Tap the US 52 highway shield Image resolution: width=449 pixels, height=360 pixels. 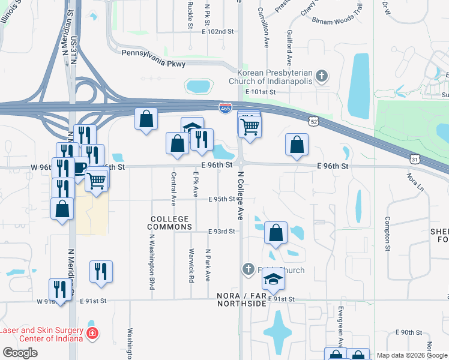(314, 122)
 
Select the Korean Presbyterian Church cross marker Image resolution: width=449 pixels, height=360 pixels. (322, 76)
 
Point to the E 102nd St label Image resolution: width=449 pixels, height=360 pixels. (217, 31)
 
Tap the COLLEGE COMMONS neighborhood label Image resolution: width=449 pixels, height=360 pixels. (170, 223)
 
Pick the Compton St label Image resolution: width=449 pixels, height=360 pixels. (388, 233)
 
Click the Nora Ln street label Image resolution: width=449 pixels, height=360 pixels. (414, 182)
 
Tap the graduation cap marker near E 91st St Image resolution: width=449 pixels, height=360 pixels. (273, 279)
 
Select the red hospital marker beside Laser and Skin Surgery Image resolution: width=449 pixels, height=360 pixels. (92, 333)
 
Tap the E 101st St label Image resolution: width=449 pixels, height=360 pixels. (260, 92)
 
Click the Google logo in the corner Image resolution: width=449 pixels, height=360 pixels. (20, 353)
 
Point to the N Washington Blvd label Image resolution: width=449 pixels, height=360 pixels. (151, 261)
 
